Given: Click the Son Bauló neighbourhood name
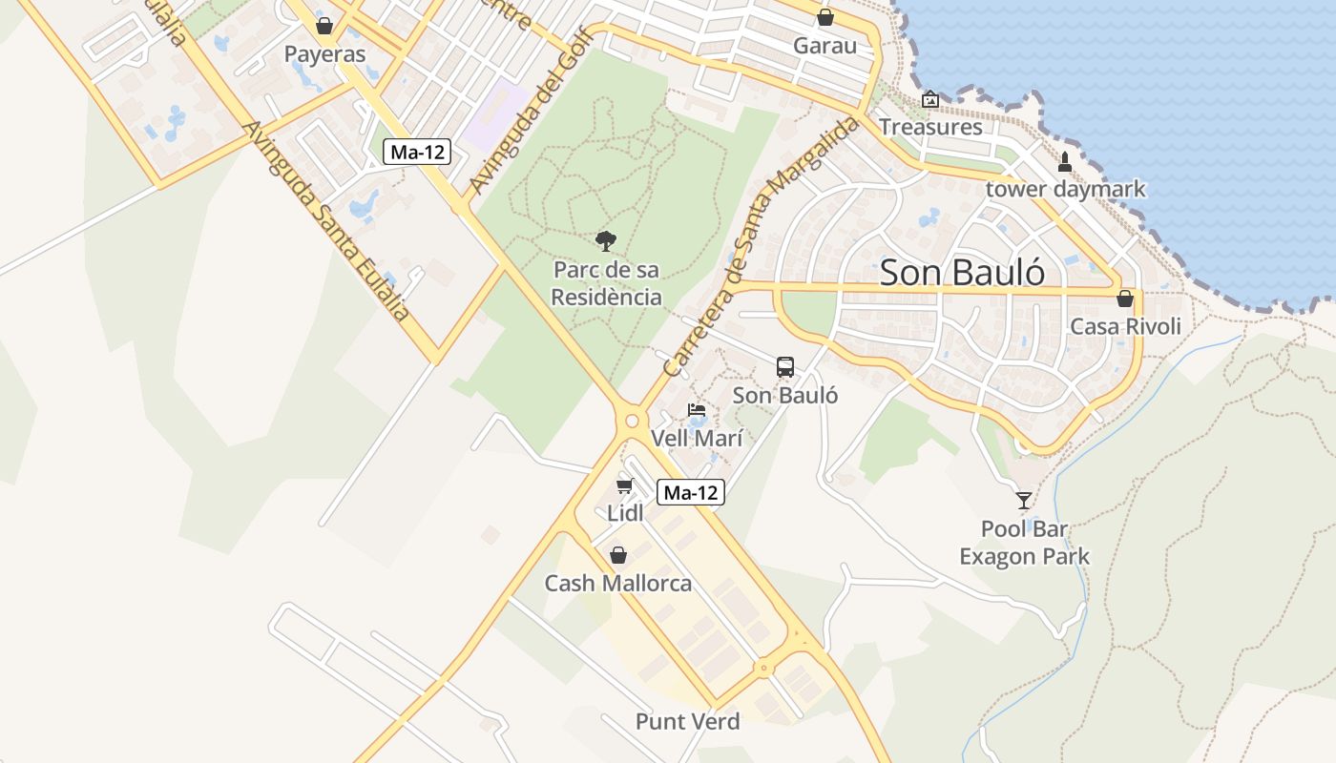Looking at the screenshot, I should [x=962, y=273].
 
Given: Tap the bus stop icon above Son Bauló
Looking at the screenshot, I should [x=785, y=367].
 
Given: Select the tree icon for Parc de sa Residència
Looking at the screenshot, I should [x=605, y=240].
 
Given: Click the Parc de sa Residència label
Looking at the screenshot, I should [x=607, y=283].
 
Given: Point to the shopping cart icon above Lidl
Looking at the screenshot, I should [x=625, y=487].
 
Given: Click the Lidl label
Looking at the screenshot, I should [x=625, y=513].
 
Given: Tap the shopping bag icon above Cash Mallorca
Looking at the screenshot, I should [x=618, y=555].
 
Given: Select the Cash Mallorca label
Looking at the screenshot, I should [x=618, y=583].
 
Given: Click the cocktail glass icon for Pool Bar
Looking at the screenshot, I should [x=1024, y=500].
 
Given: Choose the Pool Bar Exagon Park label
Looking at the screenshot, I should [x=1025, y=543].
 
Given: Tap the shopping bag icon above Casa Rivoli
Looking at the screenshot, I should [x=1125, y=299].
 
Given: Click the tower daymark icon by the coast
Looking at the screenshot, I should [x=1065, y=162].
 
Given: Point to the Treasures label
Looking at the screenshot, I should [x=930, y=127].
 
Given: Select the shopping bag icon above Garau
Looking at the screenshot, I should [x=825, y=17].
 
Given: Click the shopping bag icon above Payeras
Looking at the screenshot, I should [x=324, y=26].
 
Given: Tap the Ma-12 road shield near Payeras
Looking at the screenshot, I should [x=417, y=152].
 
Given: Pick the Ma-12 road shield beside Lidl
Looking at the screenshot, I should [x=691, y=493].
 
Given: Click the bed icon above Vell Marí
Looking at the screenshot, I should [x=697, y=411].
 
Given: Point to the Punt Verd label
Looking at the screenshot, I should [x=688, y=722].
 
